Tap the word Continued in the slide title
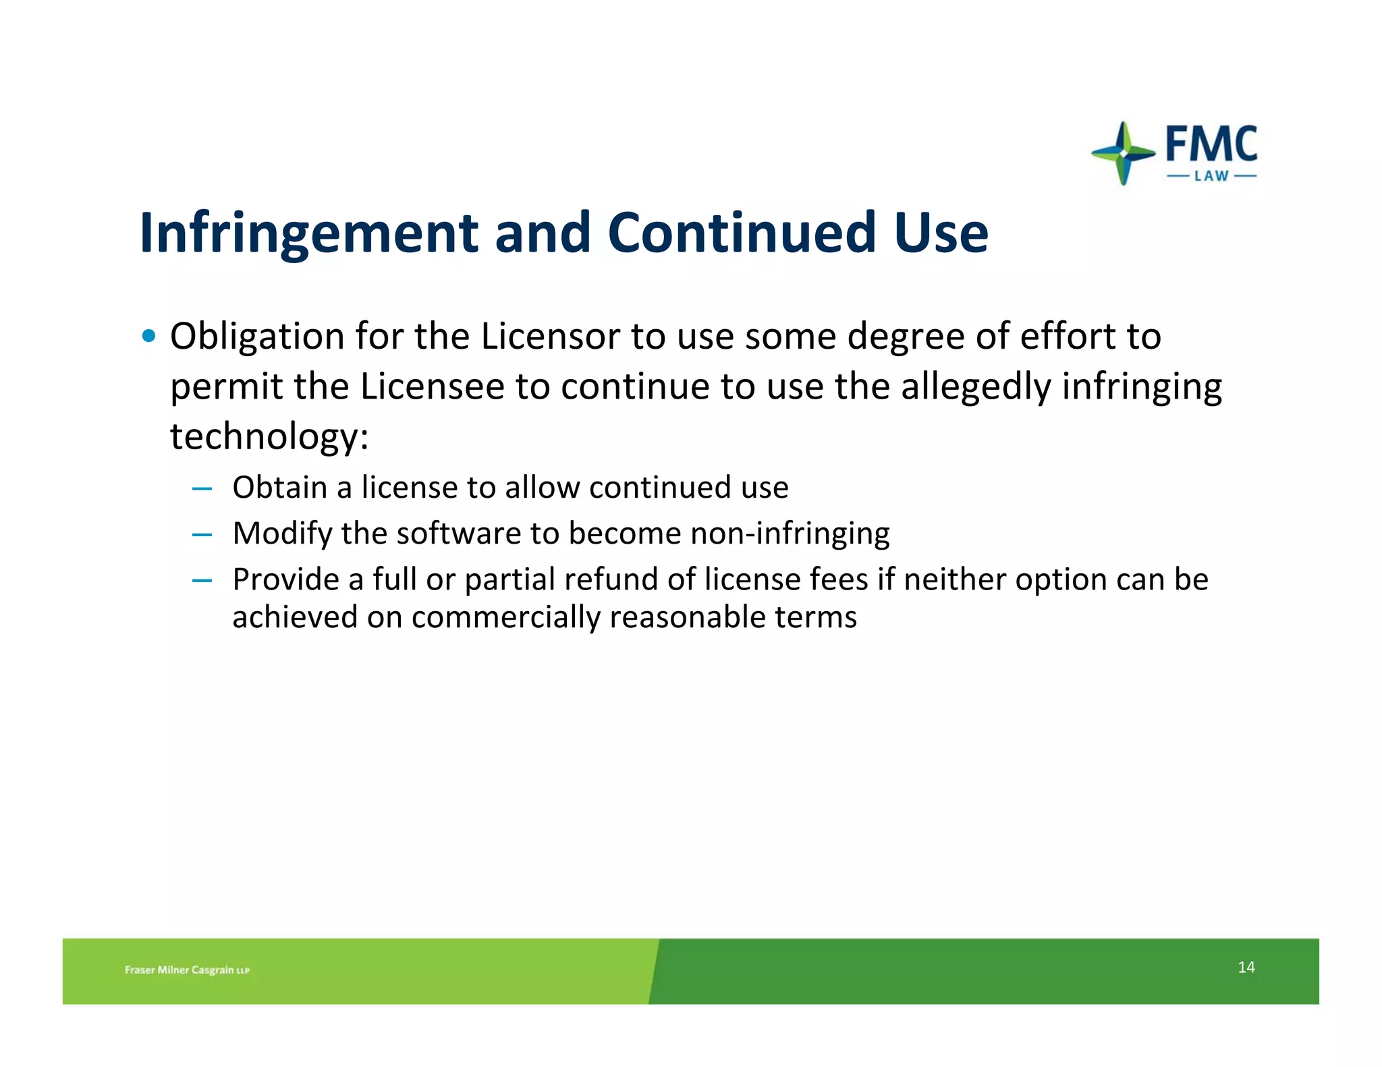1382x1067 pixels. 742,233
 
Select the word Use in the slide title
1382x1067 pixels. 941,233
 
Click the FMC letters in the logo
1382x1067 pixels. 1211,144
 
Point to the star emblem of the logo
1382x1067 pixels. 1123,153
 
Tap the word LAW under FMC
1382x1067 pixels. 1211,177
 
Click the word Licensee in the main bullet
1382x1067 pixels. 432,386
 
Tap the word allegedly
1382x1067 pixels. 976,386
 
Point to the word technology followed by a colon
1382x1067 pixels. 269,436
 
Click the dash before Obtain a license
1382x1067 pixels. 202,488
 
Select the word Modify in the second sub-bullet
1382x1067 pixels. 282,533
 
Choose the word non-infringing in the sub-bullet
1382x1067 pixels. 790,533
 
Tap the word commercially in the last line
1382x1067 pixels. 505,617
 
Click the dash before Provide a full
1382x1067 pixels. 202,580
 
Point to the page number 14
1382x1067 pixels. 1246,967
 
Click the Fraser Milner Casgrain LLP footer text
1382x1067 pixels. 187,970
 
